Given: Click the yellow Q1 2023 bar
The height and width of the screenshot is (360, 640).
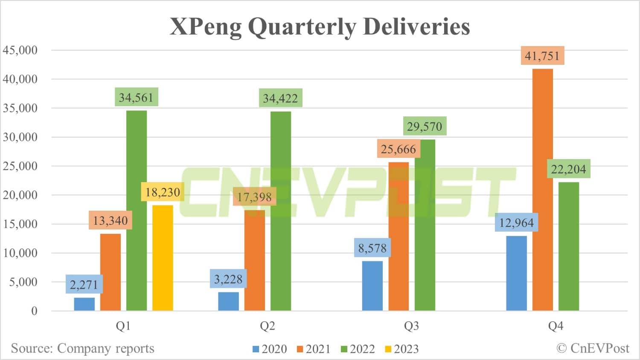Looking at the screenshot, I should point(163,258).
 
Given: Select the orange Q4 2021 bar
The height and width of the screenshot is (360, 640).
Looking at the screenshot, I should point(542,190).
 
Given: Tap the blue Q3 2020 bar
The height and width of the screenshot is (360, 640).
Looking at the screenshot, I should point(372,286).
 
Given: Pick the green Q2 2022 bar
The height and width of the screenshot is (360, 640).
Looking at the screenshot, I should point(281,211).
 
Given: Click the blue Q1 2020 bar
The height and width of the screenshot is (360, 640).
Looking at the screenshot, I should point(84,304).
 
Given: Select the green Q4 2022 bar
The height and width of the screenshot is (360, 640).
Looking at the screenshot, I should point(568,247).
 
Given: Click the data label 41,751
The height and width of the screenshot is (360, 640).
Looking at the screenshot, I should point(542,56).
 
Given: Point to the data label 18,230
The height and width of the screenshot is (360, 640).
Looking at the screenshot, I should point(163,192).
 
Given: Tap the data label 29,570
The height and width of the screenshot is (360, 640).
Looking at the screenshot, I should point(424,126).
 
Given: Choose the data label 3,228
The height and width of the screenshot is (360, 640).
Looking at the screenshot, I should point(228,279).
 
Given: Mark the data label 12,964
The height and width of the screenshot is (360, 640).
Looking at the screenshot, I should point(516,223).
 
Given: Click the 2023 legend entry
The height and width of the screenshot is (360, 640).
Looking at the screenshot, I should point(401,349).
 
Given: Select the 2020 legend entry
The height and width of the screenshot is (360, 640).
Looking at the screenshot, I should point(270,349).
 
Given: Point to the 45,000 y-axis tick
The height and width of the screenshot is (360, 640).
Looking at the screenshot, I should point(20,50).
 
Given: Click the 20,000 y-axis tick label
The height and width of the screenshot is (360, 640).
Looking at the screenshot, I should point(20,195).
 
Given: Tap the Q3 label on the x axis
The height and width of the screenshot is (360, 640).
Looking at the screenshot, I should point(411,326).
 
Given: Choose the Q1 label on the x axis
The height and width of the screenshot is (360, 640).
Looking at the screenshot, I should point(123,326).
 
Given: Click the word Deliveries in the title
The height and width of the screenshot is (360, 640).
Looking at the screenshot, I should point(416,26).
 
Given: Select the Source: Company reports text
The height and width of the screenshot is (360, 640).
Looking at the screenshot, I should point(82,348).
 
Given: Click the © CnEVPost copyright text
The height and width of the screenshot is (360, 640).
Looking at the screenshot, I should point(593,348).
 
